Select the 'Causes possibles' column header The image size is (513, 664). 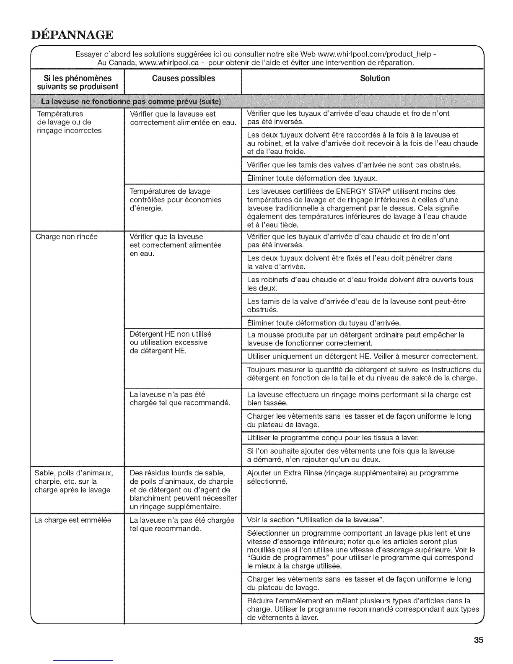click(x=183, y=78)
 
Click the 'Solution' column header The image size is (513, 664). click(x=375, y=78)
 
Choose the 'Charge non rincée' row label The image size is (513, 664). click(x=67, y=237)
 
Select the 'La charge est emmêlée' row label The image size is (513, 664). click(x=73, y=520)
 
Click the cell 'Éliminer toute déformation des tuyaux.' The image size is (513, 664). click(x=312, y=178)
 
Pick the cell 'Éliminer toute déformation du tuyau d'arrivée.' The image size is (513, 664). click(x=324, y=323)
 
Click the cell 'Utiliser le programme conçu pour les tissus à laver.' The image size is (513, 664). click(x=333, y=438)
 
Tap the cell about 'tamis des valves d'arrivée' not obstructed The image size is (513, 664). click(x=354, y=165)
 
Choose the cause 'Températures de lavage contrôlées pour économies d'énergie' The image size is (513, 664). click(x=176, y=200)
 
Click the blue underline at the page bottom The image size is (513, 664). click(x=83, y=660)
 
